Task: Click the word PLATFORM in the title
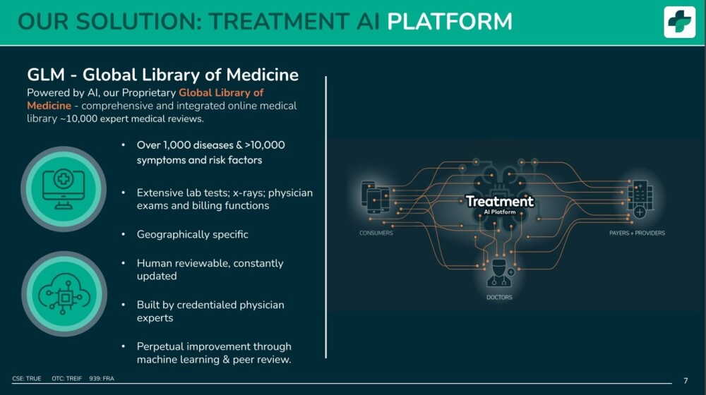pos(449,21)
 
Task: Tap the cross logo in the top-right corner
pos(679,22)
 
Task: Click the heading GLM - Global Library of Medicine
pos(162,75)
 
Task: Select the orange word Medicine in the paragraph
pos(49,106)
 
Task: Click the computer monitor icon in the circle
pos(64,190)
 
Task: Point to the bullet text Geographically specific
pos(192,234)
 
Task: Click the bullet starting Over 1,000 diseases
pos(210,152)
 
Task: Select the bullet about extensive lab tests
pos(225,199)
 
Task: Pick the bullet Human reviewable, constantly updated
pos(210,269)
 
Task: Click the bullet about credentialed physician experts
pos(210,311)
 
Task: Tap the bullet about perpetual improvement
pos(214,353)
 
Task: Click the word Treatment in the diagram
pos(499,201)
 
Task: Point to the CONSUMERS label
pos(376,233)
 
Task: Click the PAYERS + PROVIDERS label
pos(637,233)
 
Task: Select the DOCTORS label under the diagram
pos(499,298)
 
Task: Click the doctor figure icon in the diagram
pos(499,273)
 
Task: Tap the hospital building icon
pos(640,198)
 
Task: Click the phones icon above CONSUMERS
pos(375,197)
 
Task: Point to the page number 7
pos(686,381)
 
